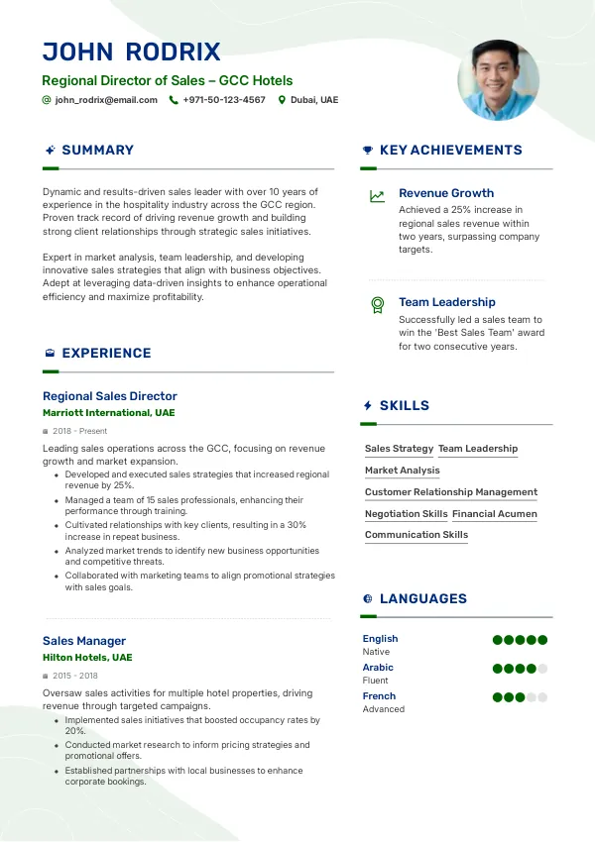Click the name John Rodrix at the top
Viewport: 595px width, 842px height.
pos(131,52)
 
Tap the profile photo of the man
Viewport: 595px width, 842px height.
pos(498,80)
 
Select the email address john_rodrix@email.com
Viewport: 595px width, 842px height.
pos(106,100)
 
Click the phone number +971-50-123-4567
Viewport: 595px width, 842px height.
pos(224,100)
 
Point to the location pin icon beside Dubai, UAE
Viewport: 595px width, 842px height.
pos(282,100)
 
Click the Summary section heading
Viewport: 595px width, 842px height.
pos(97,151)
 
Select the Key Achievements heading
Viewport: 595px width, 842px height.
pos(450,151)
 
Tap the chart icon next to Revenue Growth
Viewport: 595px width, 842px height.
pos(377,196)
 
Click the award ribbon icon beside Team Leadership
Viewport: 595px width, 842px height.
pos(377,305)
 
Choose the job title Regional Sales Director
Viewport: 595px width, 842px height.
pos(110,396)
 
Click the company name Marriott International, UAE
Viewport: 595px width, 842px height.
pos(109,412)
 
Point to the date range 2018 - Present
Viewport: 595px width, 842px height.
pos(80,431)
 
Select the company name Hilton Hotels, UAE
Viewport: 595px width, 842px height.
pos(87,657)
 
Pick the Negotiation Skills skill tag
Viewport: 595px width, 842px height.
pos(407,514)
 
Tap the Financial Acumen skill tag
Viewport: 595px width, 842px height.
pos(495,514)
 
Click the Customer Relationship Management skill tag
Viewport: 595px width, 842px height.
pos(451,492)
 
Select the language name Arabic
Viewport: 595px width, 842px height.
pos(378,668)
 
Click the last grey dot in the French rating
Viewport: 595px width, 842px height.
pos(542,697)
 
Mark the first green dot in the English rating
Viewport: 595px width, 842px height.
pos(498,640)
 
